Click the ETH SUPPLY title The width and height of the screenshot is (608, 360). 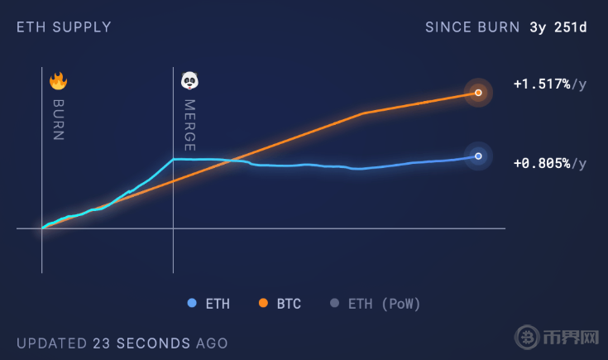point(64,27)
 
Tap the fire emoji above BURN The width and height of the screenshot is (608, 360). point(58,81)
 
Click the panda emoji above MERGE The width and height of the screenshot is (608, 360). point(190,81)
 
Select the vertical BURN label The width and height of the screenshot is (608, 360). point(58,120)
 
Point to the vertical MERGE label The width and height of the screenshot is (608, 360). point(189,125)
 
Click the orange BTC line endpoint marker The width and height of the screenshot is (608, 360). point(478,93)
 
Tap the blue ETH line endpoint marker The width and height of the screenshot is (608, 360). point(478,156)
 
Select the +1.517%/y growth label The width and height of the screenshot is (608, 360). point(549,84)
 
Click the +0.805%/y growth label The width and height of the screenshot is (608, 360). point(549,163)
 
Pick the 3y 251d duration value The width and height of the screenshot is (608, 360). point(558,27)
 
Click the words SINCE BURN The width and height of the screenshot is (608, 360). point(472,27)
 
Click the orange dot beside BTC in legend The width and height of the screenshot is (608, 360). point(263,304)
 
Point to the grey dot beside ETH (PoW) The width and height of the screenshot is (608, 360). point(334,304)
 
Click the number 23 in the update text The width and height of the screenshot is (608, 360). point(102,343)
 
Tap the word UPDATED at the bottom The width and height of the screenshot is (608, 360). point(51,343)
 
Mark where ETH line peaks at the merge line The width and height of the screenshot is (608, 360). point(173,159)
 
